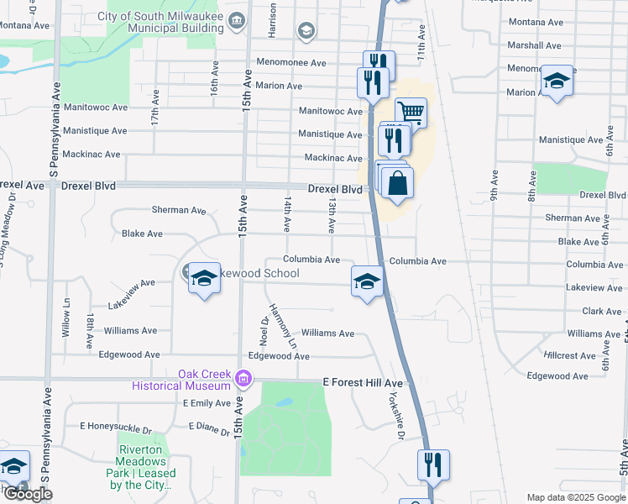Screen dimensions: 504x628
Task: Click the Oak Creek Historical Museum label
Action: click(x=180, y=380)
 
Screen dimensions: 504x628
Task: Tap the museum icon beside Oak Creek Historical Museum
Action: click(x=243, y=380)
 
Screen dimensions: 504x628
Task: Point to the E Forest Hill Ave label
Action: click(x=363, y=382)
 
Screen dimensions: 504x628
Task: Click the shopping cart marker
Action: click(x=411, y=113)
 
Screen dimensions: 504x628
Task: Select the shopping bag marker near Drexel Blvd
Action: click(x=397, y=183)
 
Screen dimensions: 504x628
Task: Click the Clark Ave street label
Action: click(x=601, y=311)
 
